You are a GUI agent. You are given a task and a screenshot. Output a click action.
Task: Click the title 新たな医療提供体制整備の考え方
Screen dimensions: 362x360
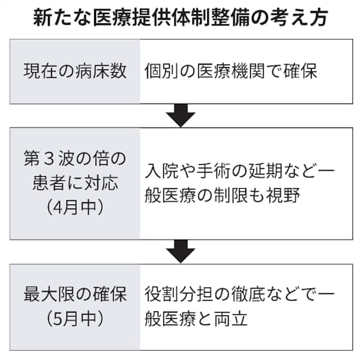point(180,18)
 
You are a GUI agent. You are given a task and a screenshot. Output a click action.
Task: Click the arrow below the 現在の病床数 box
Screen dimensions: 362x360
point(180,115)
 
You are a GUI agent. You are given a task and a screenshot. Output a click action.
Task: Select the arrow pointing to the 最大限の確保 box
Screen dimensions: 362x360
point(180,252)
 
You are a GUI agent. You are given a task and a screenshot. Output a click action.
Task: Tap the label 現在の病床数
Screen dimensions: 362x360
point(75,71)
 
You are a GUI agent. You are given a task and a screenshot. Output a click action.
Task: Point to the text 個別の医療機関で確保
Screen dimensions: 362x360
point(231,71)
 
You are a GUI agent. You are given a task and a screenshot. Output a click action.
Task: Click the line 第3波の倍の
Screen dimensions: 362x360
point(75,158)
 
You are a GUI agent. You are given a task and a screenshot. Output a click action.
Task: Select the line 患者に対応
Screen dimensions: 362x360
point(75,183)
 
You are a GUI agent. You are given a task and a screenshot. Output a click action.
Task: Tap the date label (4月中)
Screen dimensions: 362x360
point(75,207)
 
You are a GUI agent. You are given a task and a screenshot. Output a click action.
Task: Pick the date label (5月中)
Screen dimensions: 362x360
point(75,319)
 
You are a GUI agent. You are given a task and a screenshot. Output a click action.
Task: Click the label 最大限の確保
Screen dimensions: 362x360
point(75,294)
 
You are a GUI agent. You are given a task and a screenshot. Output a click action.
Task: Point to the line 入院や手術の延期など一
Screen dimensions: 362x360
point(240,170)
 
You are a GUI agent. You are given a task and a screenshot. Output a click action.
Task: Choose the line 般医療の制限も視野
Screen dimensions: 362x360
point(222,195)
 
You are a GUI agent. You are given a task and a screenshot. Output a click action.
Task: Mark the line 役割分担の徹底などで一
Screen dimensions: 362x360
point(240,294)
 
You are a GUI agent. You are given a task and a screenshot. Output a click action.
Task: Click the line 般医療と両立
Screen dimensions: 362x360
point(197,319)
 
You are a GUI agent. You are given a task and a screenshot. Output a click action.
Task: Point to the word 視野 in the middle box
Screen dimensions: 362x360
point(283,195)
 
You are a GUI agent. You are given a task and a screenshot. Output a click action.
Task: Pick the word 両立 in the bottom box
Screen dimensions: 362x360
point(231,319)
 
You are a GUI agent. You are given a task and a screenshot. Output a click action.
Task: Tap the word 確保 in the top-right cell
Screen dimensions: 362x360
point(300,71)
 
